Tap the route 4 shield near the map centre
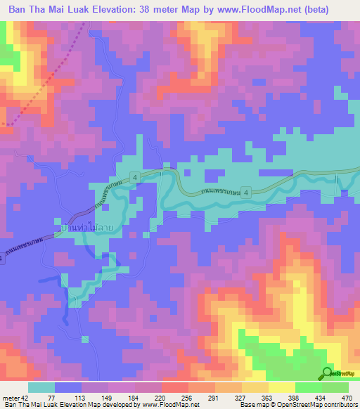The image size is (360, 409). pyautogui.click(x=134, y=176)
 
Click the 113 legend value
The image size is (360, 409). pyautogui.click(x=79, y=397)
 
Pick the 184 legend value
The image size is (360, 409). pyautogui.click(x=129, y=397)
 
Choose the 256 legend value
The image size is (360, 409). pyautogui.click(x=179, y=397)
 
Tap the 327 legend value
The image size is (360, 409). pyautogui.click(x=230, y=397)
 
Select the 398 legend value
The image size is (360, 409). pyautogui.click(x=280, y=397)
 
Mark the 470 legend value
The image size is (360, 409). pyautogui.click(x=330, y=397)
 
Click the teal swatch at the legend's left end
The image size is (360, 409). pyautogui.click(x=41, y=387)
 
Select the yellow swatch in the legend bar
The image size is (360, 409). pyautogui.click(x=283, y=387)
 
